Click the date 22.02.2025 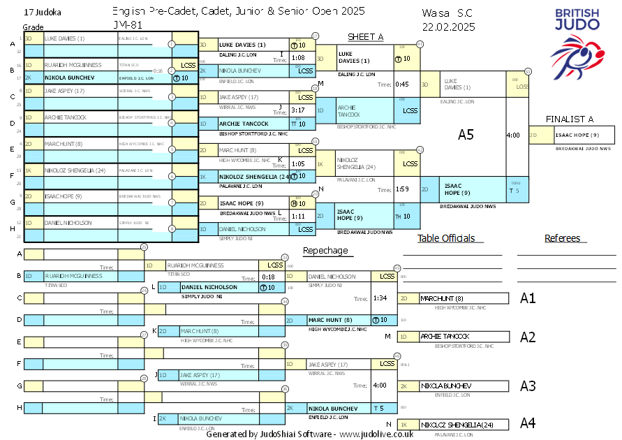(448, 27)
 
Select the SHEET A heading (365, 37)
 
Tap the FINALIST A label (570, 119)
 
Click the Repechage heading (325, 250)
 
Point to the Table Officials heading (446, 238)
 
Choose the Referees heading (563, 238)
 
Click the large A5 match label (466, 135)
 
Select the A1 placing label (528, 298)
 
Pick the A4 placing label (528, 423)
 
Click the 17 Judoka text (42, 13)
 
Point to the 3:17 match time (298, 110)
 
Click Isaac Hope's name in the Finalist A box (577, 135)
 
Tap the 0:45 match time (402, 85)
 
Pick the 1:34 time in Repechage (380, 298)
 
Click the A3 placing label (528, 386)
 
